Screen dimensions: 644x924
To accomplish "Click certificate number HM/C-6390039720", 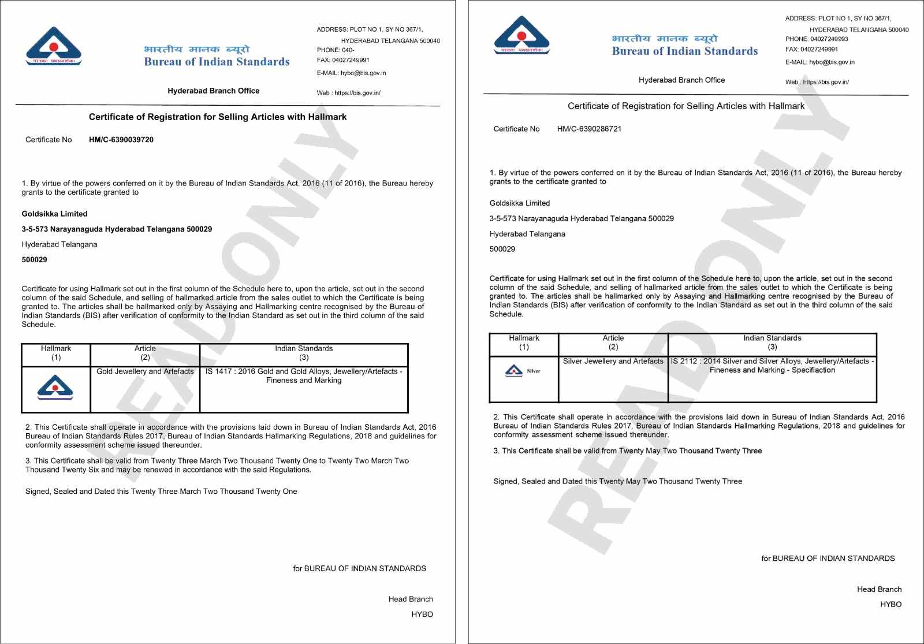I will pos(121,140).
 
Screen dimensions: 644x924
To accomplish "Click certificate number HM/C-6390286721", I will pos(589,129).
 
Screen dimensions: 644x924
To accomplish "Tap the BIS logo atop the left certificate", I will pos(54,46).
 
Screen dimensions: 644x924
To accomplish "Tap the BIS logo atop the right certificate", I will pos(522,35).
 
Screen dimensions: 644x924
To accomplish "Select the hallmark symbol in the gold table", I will pos(55,388).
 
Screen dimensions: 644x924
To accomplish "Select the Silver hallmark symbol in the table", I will pos(522,371).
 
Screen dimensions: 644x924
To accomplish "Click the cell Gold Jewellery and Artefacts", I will pos(145,371).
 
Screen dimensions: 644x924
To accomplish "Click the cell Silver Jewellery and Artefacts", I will pos(613,361).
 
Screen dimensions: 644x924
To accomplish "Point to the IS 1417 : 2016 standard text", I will pos(304,375).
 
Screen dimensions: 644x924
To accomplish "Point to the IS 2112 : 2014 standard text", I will pos(772,366).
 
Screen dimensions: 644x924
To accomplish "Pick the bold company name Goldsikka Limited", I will pos(55,214).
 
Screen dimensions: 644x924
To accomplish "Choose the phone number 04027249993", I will pos(829,39).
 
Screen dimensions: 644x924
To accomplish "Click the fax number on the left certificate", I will pos(351,60).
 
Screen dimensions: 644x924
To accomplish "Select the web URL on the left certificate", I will pos(357,93).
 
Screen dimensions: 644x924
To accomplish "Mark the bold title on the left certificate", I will pos(218,117).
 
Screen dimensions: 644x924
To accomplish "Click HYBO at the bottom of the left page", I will pos(422,615).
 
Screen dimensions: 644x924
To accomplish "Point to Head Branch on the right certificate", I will pos(879,589).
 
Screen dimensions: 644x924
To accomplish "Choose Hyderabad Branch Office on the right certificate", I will pos(681,80).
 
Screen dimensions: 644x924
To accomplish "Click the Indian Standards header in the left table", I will pos(304,348).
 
